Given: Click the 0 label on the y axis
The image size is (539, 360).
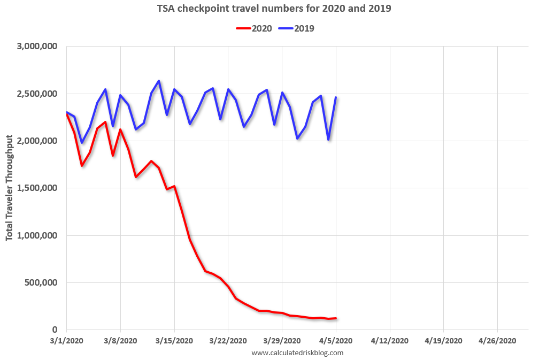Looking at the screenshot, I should pyautogui.click(x=55, y=330).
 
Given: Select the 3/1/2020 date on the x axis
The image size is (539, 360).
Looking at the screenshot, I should pyautogui.click(x=66, y=340).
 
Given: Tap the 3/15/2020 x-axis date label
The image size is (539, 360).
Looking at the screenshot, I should pyautogui.click(x=174, y=340).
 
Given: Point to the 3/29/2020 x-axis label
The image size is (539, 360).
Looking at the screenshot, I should pyautogui.click(x=282, y=340).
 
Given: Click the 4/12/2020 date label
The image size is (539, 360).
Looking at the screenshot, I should pyautogui.click(x=390, y=340).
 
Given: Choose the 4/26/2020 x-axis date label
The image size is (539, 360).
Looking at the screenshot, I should pyautogui.click(x=497, y=340).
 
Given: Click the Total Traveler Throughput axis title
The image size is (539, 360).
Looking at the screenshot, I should pyautogui.click(x=10, y=188).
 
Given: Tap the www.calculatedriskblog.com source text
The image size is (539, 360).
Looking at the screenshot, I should pyautogui.click(x=297, y=353).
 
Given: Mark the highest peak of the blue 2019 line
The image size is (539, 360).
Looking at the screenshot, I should pyautogui.click(x=159, y=81).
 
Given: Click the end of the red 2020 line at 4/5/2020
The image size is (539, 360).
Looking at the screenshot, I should pyautogui.click(x=336, y=318).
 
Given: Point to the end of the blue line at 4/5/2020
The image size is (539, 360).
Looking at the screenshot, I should pyautogui.click(x=336, y=97).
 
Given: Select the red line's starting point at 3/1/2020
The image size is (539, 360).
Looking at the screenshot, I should pyautogui.click(x=66, y=114).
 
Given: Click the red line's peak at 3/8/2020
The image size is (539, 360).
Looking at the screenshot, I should pyautogui.click(x=120, y=129).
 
